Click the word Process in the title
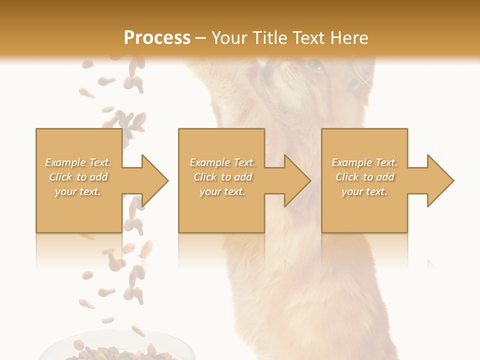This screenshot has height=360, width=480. [157, 38]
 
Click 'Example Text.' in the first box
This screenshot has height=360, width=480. [78, 162]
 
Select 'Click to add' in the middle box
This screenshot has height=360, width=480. [222, 177]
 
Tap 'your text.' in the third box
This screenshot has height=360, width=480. [364, 191]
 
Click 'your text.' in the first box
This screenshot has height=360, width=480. [78, 191]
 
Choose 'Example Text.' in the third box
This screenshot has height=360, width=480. [364, 162]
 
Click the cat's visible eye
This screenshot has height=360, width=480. [315, 65]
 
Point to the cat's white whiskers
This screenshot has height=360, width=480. [365, 80]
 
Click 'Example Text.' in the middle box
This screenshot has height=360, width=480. [222, 162]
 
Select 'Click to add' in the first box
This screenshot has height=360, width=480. [78, 177]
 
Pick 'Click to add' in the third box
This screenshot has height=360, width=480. [364, 177]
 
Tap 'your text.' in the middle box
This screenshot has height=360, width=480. [222, 191]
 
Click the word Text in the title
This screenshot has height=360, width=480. [308, 38]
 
